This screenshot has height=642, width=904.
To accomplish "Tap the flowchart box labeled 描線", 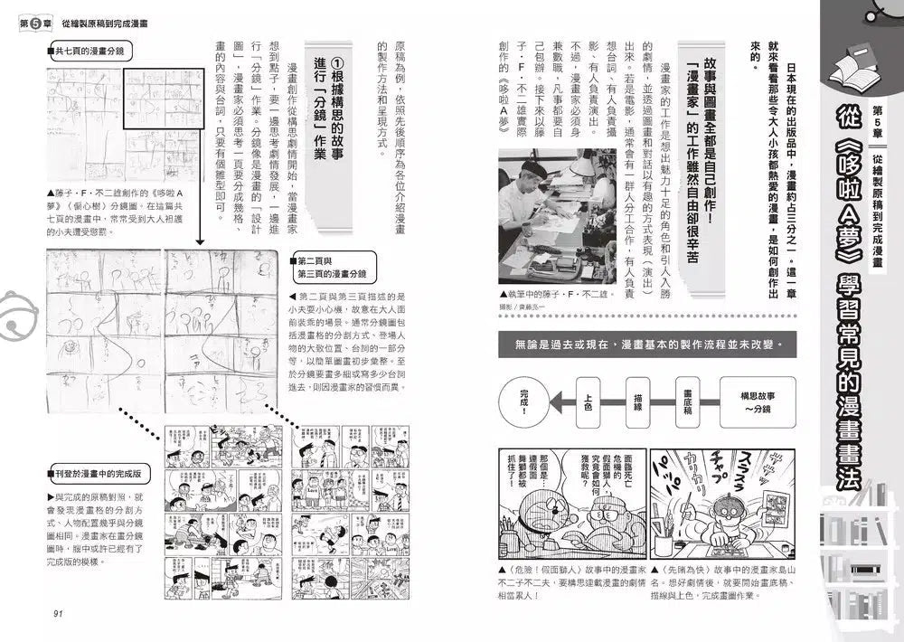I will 638,400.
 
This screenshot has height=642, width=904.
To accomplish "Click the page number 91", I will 57,614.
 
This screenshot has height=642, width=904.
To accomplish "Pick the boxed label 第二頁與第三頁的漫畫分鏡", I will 333,266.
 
